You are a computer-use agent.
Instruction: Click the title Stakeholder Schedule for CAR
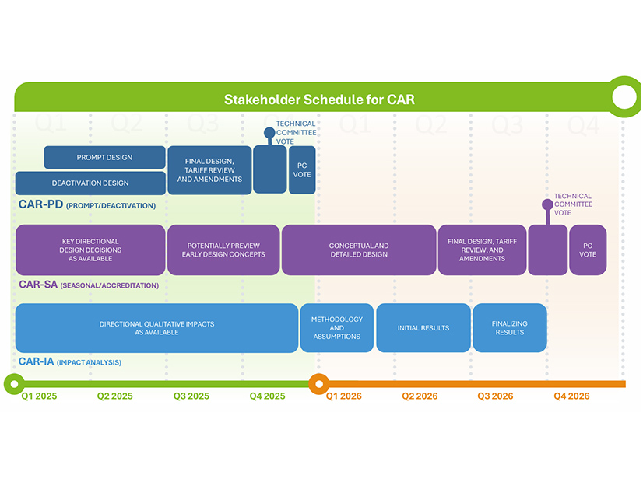point(319,100)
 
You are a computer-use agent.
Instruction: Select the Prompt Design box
point(104,158)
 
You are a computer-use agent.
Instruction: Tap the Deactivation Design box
point(90,183)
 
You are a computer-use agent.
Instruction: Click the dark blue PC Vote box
point(302,169)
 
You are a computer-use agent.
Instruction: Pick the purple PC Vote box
point(588,250)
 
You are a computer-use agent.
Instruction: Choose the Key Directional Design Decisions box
point(90,250)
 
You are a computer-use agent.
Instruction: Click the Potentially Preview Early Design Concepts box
point(223,250)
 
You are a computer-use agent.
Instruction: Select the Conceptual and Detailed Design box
point(359,250)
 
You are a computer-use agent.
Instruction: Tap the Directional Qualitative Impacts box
point(156,328)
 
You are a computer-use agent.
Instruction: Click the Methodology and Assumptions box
point(336,328)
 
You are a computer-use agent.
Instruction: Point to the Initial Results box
point(423,328)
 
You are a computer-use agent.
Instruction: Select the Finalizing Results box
point(509,328)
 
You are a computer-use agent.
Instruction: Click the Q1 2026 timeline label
point(343,396)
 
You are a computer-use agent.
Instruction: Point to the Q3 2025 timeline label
point(191,396)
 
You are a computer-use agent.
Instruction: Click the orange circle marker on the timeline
point(318,383)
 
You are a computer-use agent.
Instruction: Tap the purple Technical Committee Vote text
point(573,204)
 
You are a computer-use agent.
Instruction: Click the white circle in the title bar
point(624,97)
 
